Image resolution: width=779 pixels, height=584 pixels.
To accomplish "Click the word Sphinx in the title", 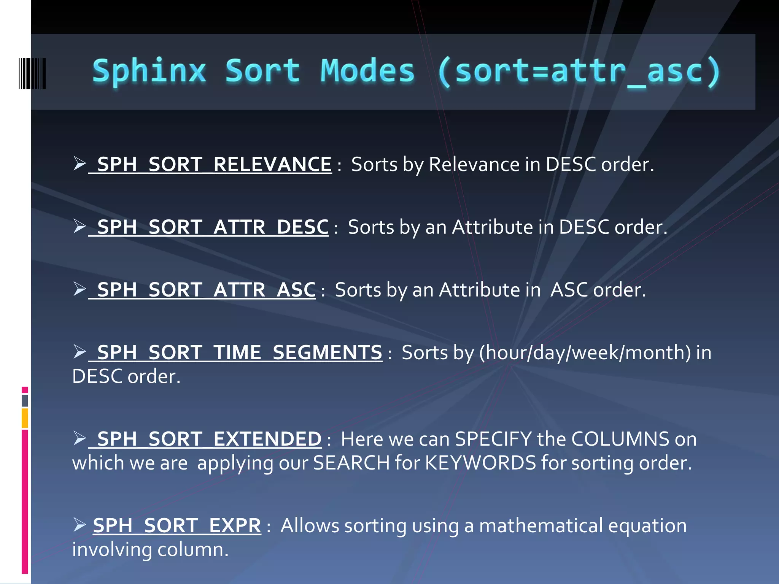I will [149, 71].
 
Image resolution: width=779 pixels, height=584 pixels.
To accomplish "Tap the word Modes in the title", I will [367, 71].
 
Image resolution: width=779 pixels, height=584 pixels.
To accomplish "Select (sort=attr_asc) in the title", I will [578, 72].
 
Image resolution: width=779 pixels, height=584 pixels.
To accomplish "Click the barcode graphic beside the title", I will [32, 73].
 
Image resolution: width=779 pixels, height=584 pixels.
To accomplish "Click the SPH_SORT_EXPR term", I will [177, 525].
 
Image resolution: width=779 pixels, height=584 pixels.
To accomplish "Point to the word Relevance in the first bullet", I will [474, 164].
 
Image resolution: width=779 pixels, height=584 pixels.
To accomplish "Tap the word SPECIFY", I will [493, 439].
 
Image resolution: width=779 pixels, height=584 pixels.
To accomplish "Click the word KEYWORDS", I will [480, 463].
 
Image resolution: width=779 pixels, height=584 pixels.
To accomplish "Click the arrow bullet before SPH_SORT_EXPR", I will [79, 525].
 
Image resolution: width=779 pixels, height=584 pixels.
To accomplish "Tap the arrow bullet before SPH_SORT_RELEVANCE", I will [79, 163].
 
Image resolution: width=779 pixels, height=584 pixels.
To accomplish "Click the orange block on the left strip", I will [25, 418].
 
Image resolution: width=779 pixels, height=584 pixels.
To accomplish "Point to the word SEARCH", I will [351, 463].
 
